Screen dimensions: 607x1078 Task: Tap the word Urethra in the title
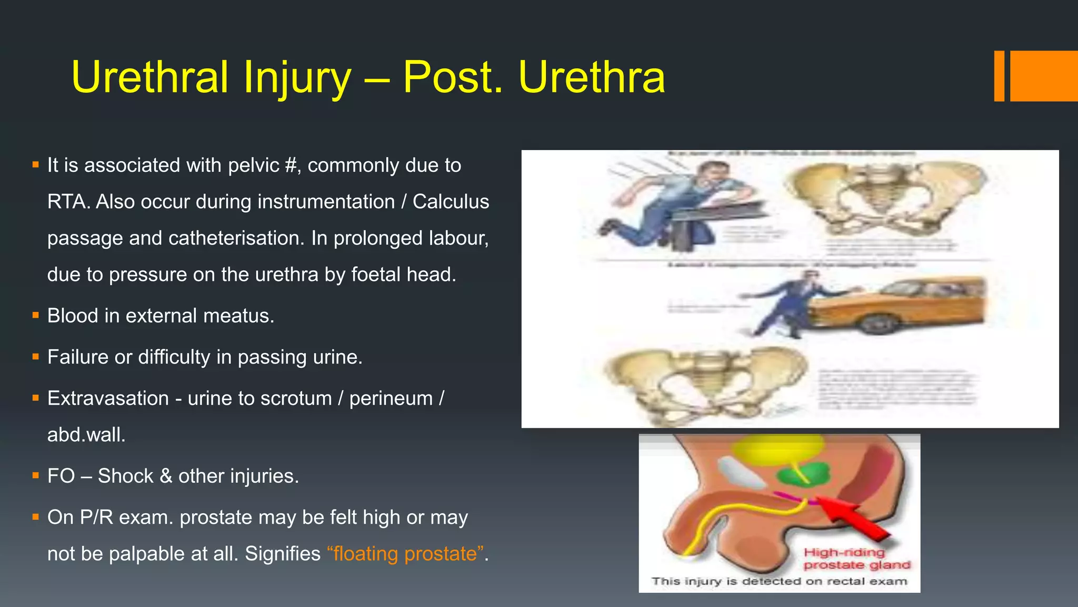click(592, 77)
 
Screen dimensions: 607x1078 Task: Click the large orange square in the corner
click(1043, 76)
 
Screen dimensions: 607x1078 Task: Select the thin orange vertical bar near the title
click(999, 76)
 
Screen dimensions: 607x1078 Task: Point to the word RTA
click(67, 202)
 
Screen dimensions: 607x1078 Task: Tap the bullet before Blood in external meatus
click(36, 316)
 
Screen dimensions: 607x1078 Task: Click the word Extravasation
click(108, 398)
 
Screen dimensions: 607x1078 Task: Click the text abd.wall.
click(86, 435)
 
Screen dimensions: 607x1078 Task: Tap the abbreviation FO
click(61, 476)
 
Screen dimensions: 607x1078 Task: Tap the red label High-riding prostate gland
click(856, 559)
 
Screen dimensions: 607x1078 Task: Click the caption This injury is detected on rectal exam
click(779, 581)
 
